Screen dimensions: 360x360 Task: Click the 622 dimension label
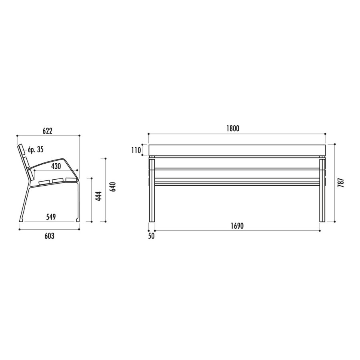(x=48, y=131)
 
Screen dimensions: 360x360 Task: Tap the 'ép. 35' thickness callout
(x=36, y=150)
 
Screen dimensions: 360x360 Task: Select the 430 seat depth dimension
(x=56, y=166)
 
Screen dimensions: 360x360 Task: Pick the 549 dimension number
(x=51, y=217)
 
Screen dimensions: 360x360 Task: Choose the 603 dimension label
(x=49, y=236)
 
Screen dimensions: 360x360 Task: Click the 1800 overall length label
(x=233, y=128)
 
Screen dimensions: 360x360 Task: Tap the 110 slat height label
(x=136, y=151)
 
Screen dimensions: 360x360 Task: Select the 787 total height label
(x=341, y=182)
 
